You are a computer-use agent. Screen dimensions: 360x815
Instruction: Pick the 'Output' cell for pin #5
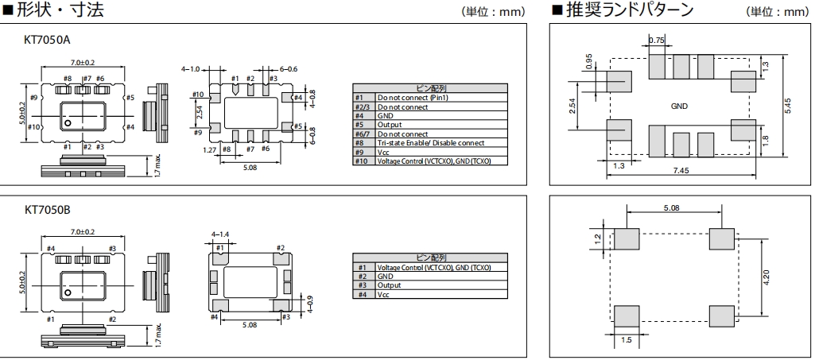(390, 125)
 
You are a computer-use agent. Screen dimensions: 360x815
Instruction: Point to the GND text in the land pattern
(679, 105)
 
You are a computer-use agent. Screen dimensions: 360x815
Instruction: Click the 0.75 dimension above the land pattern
(656, 40)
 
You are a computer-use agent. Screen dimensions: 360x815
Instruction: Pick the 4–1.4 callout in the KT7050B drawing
(220, 235)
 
